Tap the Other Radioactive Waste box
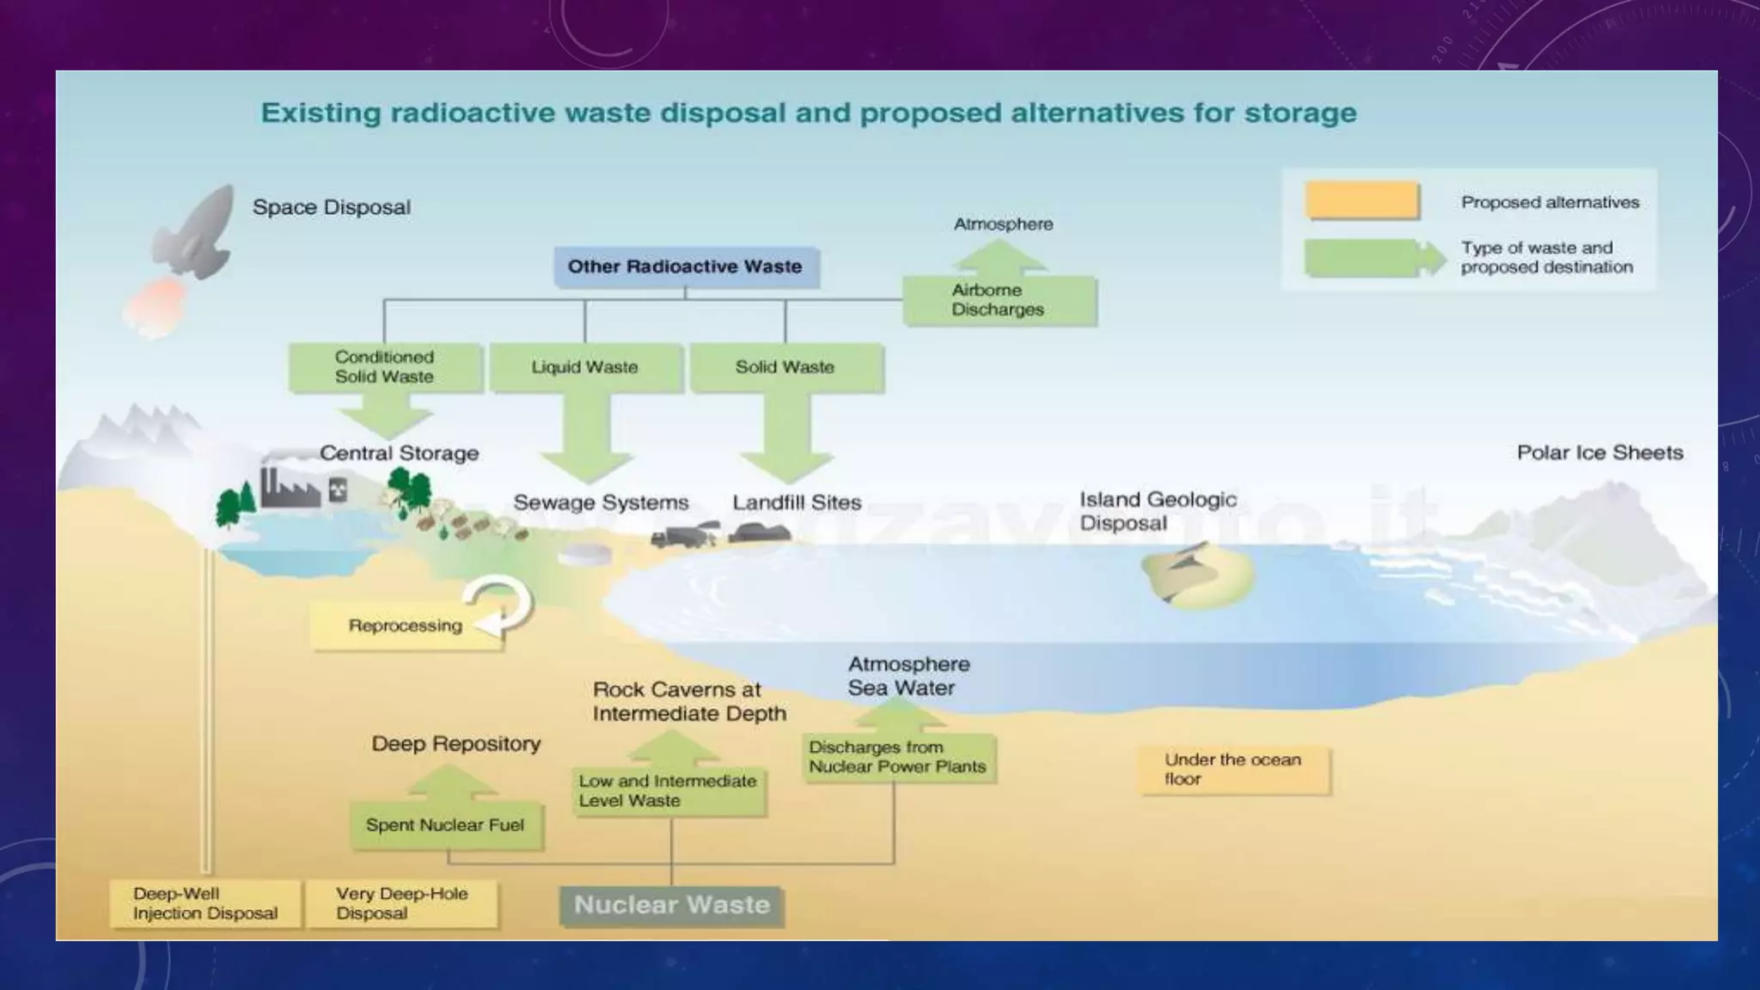685,267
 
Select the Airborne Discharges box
999,300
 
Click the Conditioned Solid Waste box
384,367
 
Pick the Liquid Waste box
585,367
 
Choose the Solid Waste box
785,367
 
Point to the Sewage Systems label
601,503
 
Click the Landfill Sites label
797,503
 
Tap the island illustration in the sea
1198,577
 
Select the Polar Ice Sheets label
1599,453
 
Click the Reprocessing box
404,626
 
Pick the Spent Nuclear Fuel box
445,826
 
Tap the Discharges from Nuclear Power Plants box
898,757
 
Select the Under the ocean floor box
1233,770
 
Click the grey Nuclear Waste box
671,906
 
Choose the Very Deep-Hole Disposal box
402,904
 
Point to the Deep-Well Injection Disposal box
205,904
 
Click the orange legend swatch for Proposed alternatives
1361,201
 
